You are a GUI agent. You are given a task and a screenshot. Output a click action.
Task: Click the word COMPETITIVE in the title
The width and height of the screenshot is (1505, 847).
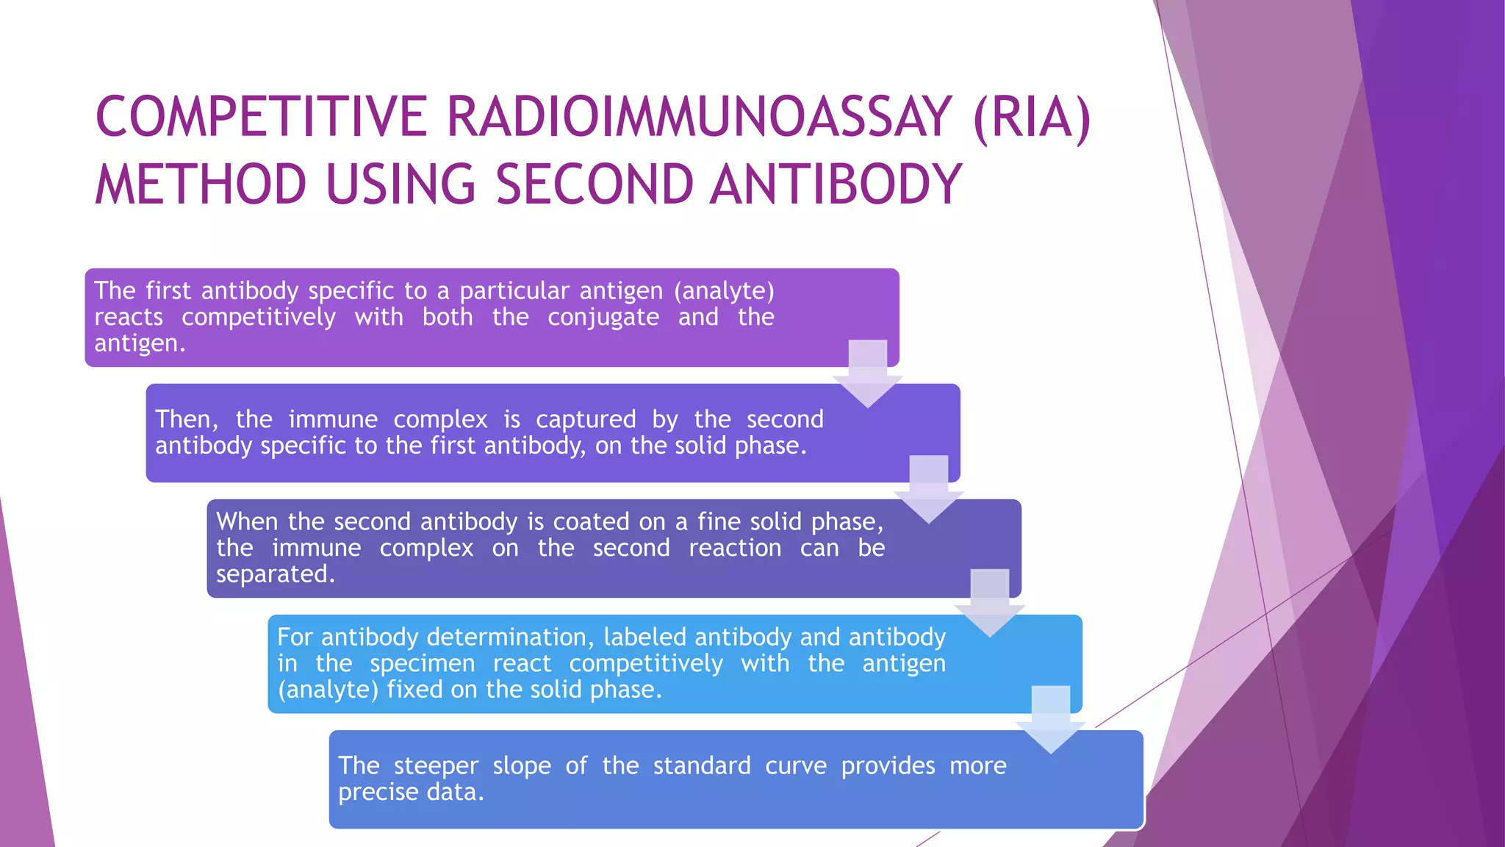pos(261,118)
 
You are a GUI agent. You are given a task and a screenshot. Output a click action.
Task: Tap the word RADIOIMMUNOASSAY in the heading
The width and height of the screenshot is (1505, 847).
pos(699,118)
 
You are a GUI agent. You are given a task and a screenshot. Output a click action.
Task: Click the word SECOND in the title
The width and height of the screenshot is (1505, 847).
pos(594,185)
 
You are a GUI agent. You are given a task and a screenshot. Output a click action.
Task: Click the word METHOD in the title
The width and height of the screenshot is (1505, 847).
pos(200,185)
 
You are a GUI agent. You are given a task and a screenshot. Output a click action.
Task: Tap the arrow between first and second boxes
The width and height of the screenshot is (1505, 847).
pos(868,374)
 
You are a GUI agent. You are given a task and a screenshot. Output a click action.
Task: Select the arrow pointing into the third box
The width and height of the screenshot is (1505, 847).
pos(928,490)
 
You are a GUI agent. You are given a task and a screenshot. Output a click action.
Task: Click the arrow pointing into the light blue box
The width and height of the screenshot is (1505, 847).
pos(989,604)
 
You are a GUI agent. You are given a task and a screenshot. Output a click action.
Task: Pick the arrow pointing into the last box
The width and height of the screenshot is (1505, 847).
pos(1050,720)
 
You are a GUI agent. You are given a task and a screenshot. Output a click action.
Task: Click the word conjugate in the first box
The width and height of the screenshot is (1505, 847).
pos(603,318)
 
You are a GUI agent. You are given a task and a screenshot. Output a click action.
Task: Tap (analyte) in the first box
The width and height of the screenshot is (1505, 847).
pos(724,291)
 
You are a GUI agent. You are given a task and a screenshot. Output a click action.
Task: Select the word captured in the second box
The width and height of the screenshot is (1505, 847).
pos(585,419)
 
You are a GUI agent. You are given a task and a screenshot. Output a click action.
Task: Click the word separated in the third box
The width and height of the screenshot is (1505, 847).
pos(275,574)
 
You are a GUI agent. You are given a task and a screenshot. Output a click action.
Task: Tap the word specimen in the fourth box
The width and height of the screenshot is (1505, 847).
pos(423,663)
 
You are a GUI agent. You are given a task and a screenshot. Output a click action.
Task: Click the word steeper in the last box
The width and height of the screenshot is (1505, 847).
pos(435,765)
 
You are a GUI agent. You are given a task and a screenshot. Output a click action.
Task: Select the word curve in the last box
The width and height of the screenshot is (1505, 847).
pos(795,765)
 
